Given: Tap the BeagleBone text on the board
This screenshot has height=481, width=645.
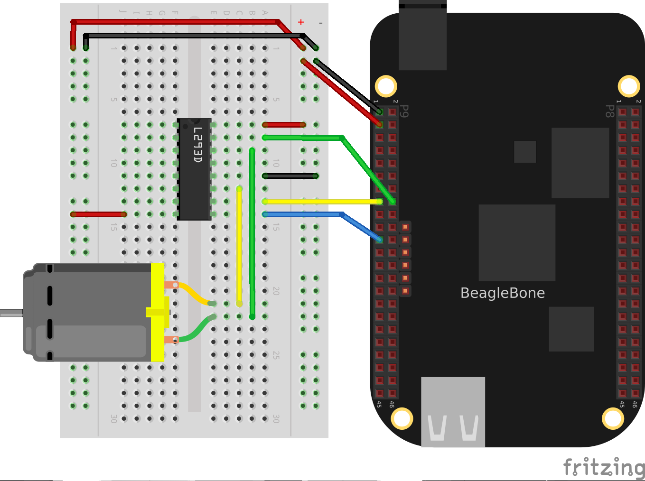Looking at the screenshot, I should pos(502,293).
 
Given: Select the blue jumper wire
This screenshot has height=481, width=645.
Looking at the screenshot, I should pos(304,214).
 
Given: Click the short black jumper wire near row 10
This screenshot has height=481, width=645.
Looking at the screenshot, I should pos(290,176).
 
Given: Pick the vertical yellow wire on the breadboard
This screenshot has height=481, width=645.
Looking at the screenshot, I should pos(239,247).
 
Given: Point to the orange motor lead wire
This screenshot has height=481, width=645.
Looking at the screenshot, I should pos(192,293).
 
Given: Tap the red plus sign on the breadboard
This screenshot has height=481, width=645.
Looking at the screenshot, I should pos(301,22).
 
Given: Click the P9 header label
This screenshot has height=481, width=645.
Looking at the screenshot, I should pos(404,111).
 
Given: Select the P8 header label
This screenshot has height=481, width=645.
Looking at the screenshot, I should pos(610,111).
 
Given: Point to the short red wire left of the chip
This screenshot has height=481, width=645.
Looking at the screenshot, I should pos(98,214).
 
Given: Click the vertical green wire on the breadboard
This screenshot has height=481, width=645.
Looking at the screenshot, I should pos(252,232).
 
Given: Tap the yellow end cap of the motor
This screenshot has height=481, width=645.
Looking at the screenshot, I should pos(158,312).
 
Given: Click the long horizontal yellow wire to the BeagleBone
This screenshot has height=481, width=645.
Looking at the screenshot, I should pos(323,202).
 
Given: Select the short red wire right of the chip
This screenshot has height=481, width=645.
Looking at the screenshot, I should pos(284,125).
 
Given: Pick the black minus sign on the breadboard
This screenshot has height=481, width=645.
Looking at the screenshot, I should pos(321,23).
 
